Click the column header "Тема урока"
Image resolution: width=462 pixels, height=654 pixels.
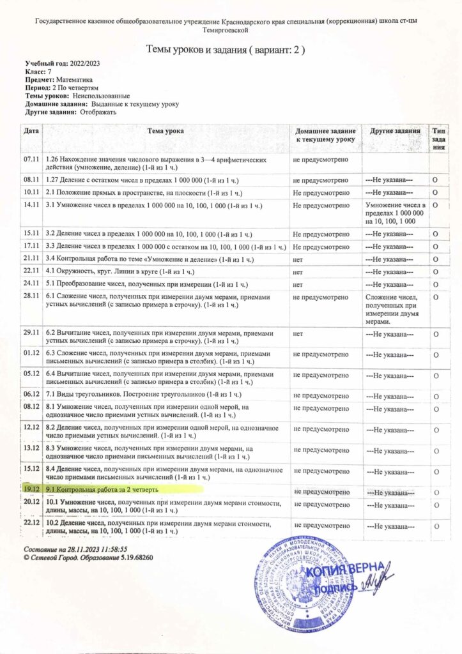(166, 130)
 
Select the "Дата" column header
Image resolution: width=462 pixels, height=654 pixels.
(31, 130)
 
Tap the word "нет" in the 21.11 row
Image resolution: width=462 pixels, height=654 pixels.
(298, 259)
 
